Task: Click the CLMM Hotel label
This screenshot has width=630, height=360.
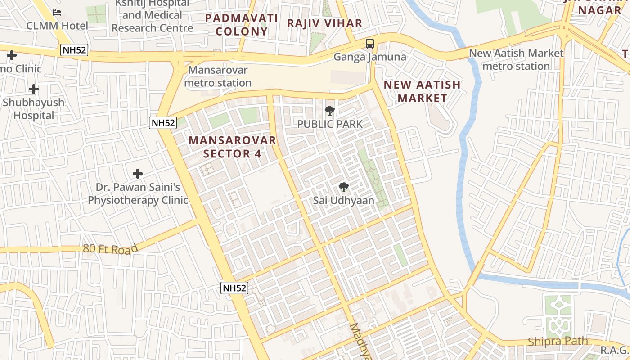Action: tap(57, 26)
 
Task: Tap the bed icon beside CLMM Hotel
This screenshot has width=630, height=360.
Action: tap(57, 12)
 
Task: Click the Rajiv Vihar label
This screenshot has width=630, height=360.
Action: tap(324, 23)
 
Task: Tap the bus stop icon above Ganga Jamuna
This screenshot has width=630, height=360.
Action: tap(369, 44)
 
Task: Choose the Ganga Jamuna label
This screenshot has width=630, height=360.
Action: tap(369, 57)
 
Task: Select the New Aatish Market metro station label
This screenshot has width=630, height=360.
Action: tap(516, 59)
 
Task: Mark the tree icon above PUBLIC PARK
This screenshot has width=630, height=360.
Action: tap(330, 110)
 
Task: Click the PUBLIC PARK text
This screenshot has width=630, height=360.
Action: tap(330, 124)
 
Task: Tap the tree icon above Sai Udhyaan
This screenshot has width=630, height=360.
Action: tap(344, 187)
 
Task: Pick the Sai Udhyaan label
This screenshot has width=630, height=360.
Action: tap(344, 201)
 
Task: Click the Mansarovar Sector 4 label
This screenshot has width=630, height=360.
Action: tap(232, 147)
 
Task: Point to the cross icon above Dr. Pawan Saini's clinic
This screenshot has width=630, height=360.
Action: tap(138, 174)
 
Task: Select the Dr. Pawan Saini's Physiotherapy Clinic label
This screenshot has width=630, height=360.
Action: tap(138, 193)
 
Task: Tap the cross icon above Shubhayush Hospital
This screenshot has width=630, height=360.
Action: tap(33, 89)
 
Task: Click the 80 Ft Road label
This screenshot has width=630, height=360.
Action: tap(110, 249)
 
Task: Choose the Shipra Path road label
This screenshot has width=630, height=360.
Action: tap(558, 341)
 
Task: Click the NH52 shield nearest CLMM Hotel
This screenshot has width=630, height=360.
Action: tap(74, 50)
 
